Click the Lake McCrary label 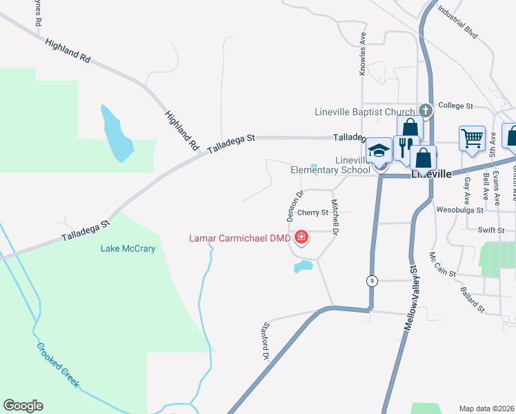[128, 248]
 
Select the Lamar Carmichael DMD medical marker [301, 239]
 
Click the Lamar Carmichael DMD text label [239, 239]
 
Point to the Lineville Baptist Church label [365, 112]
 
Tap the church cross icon [426, 110]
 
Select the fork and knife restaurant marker [406, 146]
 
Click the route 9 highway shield [372, 280]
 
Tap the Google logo [23, 406]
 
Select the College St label [455, 106]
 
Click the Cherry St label [312, 213]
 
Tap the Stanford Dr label [264, 342]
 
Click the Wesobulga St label [460, 207]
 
